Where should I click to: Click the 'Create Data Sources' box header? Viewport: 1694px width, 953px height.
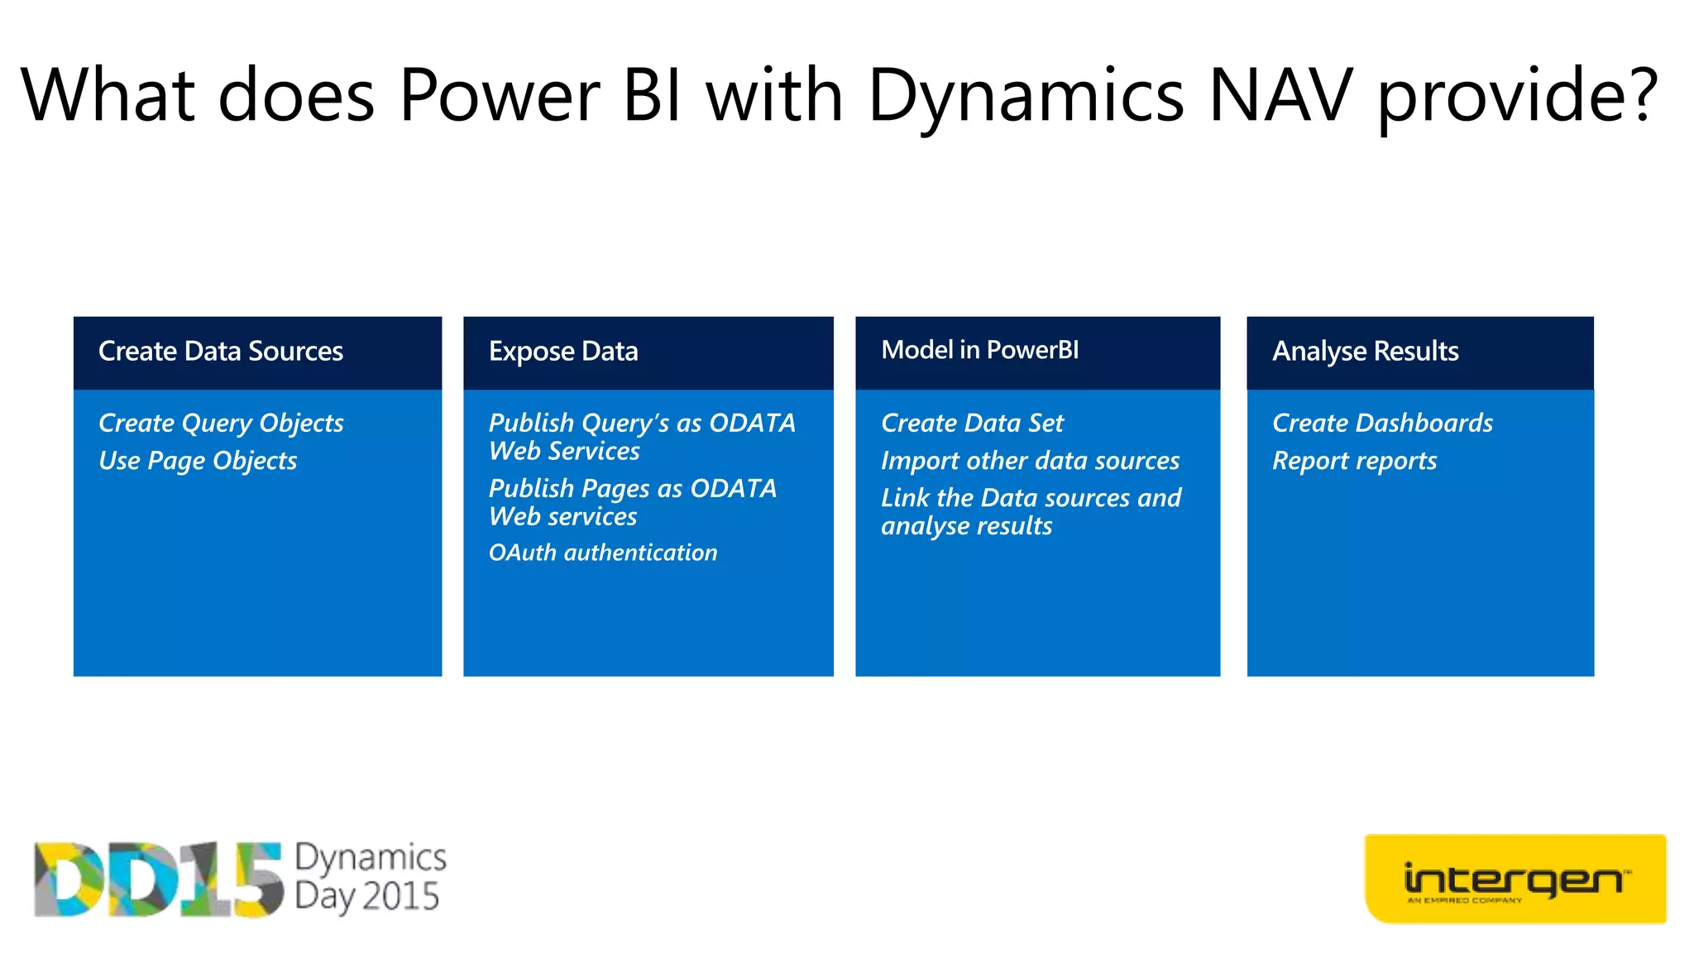(x=220, y=352)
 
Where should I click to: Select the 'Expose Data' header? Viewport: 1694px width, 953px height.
(x=563, y=352)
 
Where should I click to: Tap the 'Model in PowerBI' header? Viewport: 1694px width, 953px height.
(x=979, y=350)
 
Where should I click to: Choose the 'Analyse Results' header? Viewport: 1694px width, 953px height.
(x=1365, y=352)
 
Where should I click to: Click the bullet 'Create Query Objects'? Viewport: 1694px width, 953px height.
(x=221, y=423)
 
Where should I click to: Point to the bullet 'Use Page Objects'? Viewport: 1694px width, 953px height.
(x=198, y=461)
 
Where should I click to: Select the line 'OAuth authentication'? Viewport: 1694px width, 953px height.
(x=603, y=553)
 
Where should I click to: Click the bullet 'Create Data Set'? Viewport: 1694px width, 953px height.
(x=972, y=423)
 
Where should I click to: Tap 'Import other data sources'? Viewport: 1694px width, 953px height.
(x=1030, y=461)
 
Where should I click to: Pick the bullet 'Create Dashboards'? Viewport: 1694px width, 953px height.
(x=1382, y=423)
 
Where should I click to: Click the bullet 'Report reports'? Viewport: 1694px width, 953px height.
(x=1354, y=461)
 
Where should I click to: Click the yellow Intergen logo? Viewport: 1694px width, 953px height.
(x=1515, y=879)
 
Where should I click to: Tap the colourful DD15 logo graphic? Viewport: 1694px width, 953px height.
(x=157, y=879)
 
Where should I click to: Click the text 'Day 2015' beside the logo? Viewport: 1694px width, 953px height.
(x=366, y=897)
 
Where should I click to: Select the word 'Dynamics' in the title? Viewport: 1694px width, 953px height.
(x=1026, y=98)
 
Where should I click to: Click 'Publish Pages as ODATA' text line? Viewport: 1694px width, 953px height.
(x=633, y=488)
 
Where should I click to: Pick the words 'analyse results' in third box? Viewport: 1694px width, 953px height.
(x=966, y=526)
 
